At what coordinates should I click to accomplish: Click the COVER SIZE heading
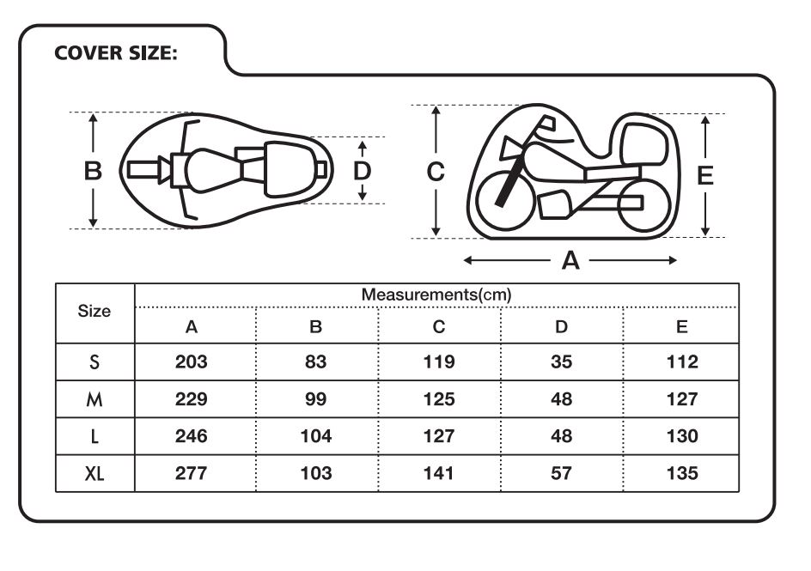point(116,52)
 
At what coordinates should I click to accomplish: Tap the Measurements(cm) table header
point(436,295)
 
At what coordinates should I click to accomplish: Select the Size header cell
point(95,311)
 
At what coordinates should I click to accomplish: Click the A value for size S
point(192,361)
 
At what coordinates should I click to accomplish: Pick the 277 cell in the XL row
point(192,473)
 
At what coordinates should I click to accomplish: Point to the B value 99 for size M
point(315,399)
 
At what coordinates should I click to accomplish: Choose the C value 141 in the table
point(439,473)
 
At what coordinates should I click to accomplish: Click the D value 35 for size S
point(561,361)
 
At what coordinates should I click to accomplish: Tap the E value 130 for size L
point(682,435)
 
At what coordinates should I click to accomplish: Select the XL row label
point(95,473)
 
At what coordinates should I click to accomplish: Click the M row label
point(95,399)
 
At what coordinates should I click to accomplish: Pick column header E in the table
point(681,326)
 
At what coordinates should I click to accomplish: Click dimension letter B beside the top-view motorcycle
point(93,171)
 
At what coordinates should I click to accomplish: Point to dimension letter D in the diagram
point(362,171)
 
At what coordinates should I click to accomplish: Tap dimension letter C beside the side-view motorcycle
point(436,172)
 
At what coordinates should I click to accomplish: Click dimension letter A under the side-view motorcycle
point(570,260)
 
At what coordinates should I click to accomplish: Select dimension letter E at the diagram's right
point(705,176)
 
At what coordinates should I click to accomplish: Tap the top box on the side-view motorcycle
point(644,144)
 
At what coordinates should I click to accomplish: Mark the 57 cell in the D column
point(561,473)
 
